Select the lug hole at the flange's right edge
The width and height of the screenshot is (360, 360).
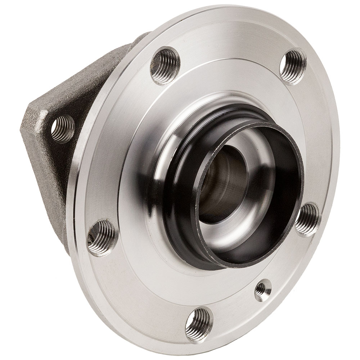tap(307, 219)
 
